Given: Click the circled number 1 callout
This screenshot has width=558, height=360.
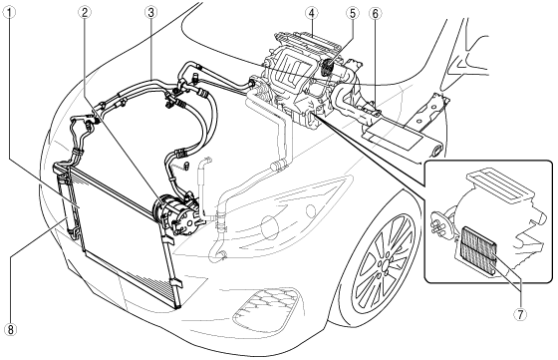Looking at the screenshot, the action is (10, 13).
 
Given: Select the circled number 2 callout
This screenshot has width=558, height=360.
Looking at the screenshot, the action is (85, 13).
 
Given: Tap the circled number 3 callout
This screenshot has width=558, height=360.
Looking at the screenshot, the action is (150, 13).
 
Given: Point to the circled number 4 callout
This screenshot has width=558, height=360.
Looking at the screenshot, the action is (311, 13).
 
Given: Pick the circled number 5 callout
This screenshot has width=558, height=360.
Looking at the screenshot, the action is (352, 13).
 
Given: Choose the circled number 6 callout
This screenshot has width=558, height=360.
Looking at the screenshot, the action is (375, 13).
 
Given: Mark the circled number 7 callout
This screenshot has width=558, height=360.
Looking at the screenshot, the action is (520, 314).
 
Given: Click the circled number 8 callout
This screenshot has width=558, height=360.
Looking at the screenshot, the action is (11, 329).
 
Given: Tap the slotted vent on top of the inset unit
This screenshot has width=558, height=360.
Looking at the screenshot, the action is (500, 185).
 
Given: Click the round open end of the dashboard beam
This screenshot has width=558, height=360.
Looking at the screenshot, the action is (436, 149).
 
